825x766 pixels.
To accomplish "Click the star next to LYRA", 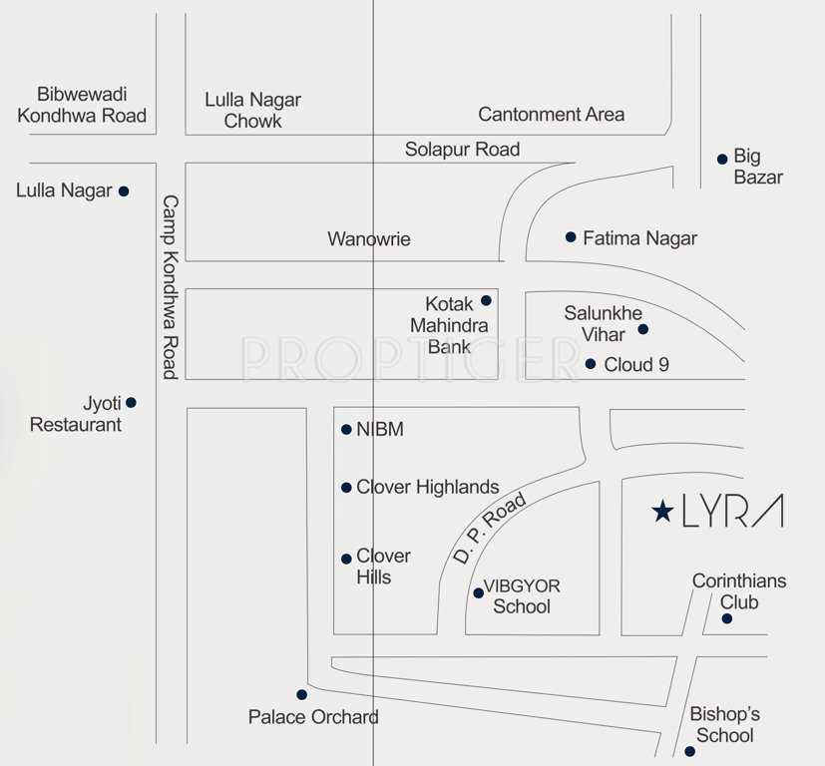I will click(661, 512).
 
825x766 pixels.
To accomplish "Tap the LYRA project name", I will click(732, 511).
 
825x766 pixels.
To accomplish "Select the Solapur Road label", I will click(462, 150).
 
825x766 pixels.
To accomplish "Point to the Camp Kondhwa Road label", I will click(170, 286).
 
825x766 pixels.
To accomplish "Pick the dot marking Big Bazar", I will click(722, 159).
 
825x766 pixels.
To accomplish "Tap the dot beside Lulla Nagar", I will click(124, 191).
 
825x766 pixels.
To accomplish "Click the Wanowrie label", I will click(369, 239).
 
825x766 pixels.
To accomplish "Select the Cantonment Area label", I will click(551, 115).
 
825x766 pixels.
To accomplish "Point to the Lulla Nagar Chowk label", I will click(252, 111).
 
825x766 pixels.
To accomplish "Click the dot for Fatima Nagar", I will click(571, 237).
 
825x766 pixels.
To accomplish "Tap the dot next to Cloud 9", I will click(591, 364).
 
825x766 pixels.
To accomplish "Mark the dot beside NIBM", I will click(346, 430).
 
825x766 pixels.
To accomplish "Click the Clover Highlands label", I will click(427, 488).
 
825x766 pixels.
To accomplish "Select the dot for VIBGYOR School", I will click(478, 592).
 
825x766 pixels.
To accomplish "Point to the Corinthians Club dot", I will click(727, 619).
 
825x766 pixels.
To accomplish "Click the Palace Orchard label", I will click(313, 717).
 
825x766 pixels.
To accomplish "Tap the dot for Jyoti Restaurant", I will click(131, 403).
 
